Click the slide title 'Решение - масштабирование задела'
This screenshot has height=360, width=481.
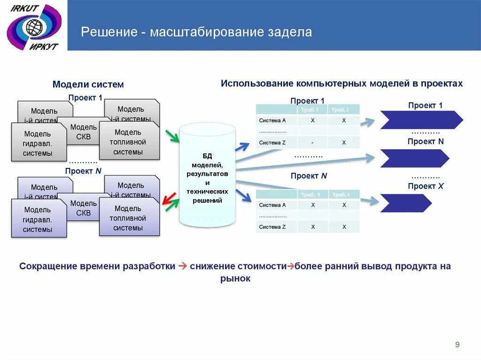[196, 32]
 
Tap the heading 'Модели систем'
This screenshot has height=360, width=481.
[88, 84]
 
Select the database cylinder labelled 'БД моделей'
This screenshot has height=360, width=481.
[207, 174]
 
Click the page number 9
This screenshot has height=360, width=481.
[457, 345]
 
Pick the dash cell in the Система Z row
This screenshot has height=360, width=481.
[312, 142]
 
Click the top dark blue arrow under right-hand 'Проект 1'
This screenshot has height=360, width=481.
[420, 120]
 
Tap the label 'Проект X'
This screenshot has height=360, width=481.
[426, 186]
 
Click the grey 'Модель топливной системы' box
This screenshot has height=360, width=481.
[129, 142]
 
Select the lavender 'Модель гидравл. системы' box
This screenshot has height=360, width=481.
[39, 219]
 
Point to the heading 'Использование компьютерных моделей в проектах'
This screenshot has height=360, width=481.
[341, 83]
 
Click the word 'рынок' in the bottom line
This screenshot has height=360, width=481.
[235, 278]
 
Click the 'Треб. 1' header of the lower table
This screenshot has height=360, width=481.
[311, 194]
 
